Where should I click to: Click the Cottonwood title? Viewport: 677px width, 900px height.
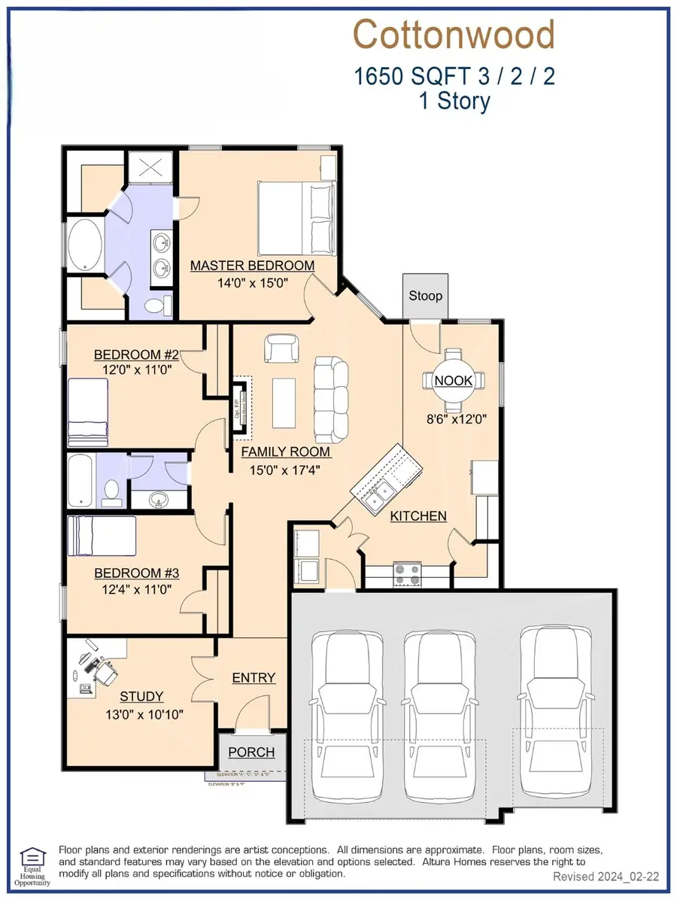[454, 35]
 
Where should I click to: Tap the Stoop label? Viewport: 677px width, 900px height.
[425, 296]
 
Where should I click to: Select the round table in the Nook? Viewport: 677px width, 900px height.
[453, 380]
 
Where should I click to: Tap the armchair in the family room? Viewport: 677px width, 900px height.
[280, 348]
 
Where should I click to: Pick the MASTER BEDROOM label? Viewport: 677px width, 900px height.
[252, 266]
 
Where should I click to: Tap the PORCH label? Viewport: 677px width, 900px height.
[251, 752]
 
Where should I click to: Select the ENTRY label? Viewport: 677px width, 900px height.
[253, 677]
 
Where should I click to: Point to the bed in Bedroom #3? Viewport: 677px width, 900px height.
[102, 535]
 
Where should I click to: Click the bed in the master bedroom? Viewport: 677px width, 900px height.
[294, 218]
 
